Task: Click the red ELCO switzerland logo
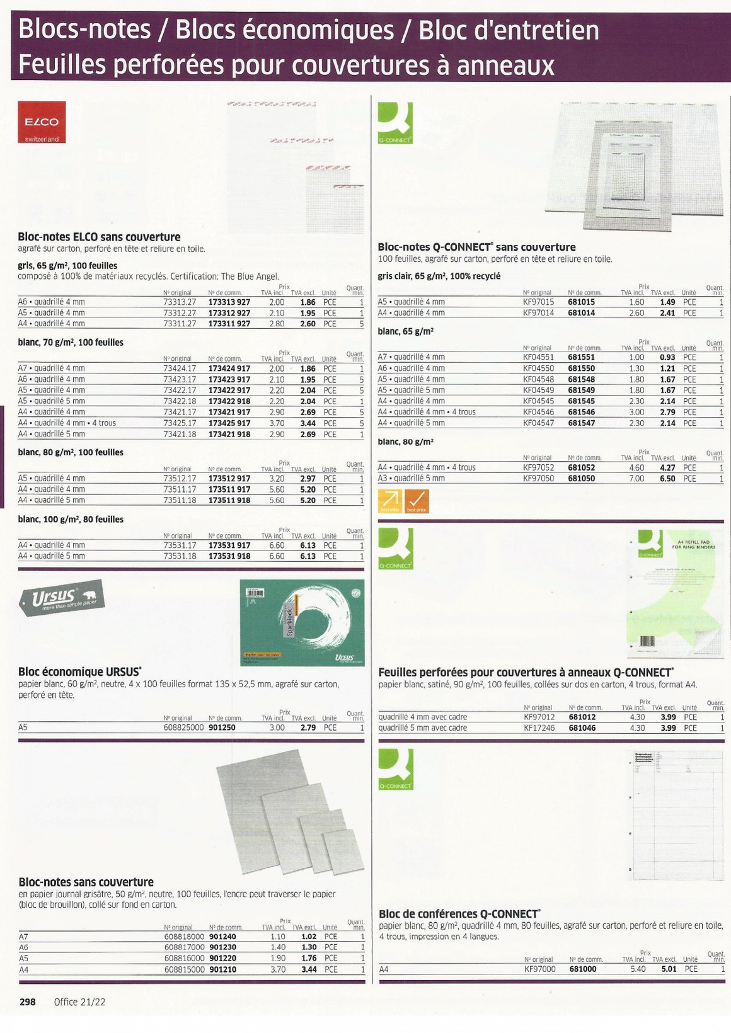point(42,122)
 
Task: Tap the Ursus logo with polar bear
point(60,598)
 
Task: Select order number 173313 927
point(229,302)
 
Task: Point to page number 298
point(27,1002)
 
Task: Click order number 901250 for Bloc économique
point(222,728)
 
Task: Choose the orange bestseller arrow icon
point(389,501)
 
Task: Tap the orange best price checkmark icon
point(416,501)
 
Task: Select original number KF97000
point(540,969)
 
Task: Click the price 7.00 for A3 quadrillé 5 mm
point(636,479)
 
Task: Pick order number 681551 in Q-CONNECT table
point(581,357)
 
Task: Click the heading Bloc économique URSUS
point(79,671)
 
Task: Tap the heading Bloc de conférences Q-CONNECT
point(459,913)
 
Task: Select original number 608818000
point(184,937)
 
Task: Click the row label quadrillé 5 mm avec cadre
point(422,728)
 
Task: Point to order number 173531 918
point(229,556)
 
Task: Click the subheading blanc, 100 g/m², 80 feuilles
point(71,519)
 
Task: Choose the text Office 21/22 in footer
point(79,1002)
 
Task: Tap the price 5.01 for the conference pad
point(669,969)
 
